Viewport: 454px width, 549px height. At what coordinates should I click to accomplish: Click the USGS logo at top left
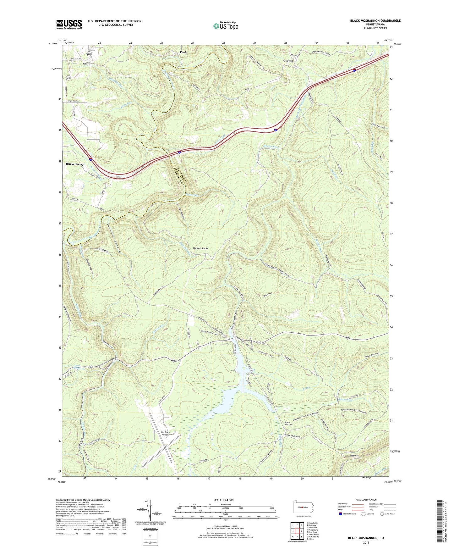coord(69,24)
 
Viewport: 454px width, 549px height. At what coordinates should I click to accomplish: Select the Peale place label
coord(183,52)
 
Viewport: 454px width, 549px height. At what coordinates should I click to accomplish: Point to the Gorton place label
coord(288,61)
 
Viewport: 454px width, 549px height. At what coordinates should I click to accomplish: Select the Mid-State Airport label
coord(165,434)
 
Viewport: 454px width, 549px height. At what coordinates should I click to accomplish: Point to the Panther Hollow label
coord(90,266)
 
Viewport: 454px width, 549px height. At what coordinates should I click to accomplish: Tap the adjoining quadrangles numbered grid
coord(297,530)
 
